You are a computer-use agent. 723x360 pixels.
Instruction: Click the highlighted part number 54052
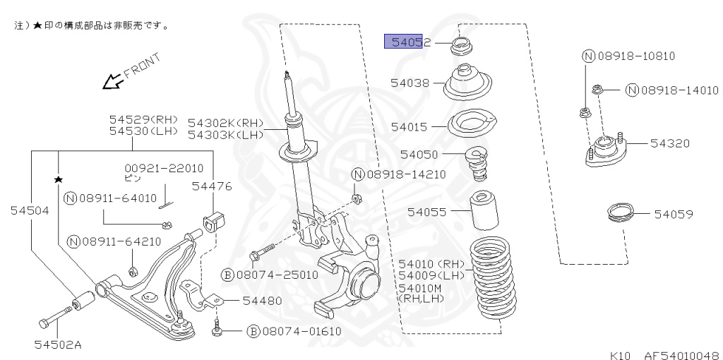407,42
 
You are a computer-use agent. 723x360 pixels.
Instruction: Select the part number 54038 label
410,83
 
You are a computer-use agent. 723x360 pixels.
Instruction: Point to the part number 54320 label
669,143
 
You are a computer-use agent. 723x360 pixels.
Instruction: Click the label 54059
673,212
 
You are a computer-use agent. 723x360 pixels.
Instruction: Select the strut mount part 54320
604,152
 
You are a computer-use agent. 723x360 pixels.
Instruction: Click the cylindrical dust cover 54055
484,212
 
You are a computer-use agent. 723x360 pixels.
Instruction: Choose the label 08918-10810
628,56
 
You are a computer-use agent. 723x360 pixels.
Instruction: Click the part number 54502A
57,344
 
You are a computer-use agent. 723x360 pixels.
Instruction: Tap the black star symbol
58,179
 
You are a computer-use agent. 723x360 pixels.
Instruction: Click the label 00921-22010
164,168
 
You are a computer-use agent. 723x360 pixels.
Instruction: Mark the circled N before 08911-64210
72,242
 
